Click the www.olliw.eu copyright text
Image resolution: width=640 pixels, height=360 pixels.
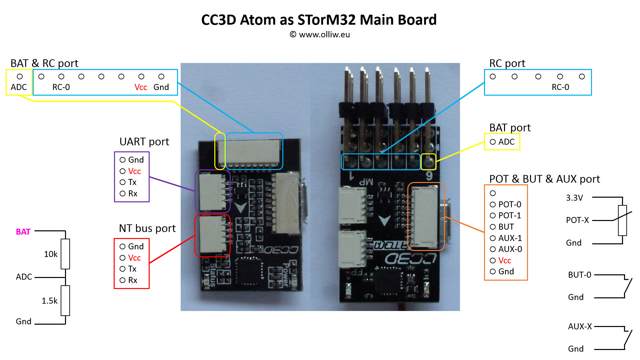pos(320,35)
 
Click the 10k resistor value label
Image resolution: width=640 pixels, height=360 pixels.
pos(51,254)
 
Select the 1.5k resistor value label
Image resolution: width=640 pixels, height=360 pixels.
pos(49,301)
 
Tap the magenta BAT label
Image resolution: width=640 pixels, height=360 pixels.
pos(23,232)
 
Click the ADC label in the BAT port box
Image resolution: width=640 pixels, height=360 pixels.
pos(506,142)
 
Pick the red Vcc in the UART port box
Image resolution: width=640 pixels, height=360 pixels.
pos(134,171)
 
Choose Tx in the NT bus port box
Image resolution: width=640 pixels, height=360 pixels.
pos(132,269)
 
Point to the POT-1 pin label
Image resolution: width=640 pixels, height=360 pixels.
pos(510,216)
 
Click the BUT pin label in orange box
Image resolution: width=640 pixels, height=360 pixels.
pos(506,227)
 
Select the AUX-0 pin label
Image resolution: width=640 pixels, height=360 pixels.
pos(510,249)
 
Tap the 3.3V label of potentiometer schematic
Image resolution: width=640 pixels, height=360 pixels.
pos(574,198)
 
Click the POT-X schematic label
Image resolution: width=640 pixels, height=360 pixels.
pos(577,220)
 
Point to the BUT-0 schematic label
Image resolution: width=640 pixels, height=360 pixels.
pos(580,275)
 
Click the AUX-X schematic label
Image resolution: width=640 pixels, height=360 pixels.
pos(580,327)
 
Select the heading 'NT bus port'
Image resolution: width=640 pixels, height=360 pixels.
pos(147,228)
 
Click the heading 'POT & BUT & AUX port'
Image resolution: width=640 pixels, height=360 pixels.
pos(544,179)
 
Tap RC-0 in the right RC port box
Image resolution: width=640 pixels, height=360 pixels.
pos(560,87)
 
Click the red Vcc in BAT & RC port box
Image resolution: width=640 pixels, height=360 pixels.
pos(141,87)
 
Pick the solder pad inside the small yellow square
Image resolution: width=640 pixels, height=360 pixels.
pos(429,162)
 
